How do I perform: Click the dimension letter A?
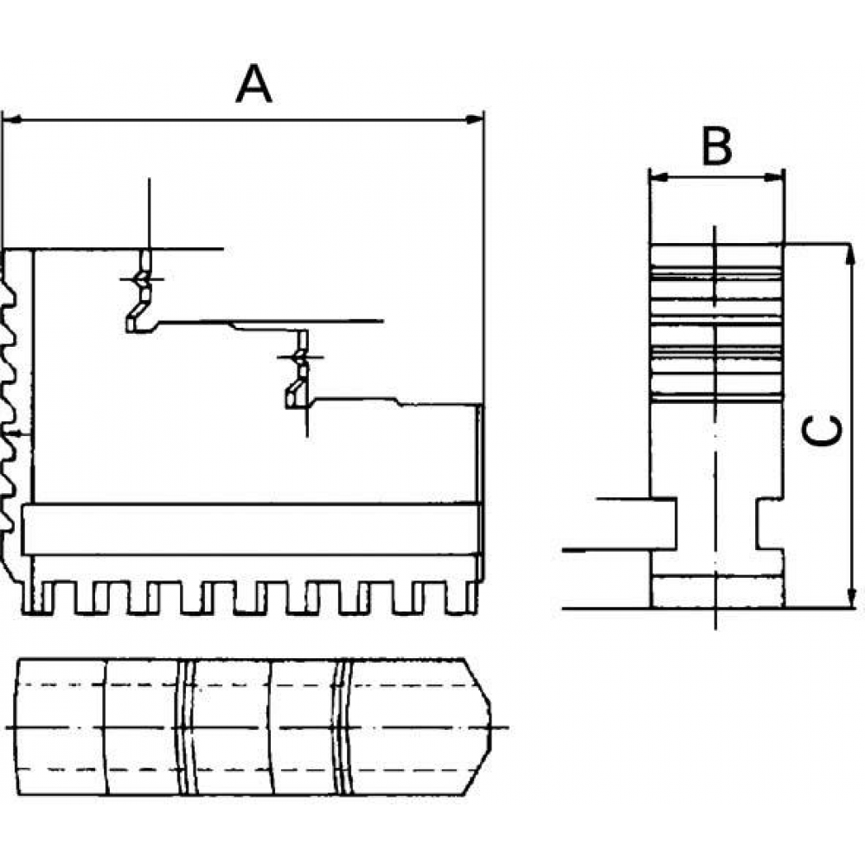coord(253,84)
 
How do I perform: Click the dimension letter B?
coord(716,146)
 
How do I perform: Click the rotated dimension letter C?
coord(822,430)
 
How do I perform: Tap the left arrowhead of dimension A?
coord(12,119)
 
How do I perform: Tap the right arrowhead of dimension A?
coord(475,119)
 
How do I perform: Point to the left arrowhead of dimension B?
coord(660,177)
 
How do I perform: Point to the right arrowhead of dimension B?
coord(774,177)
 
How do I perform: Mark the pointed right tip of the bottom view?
coord(490,727)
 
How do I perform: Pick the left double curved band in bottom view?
coord(187,727)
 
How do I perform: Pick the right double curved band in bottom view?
coord(343,727)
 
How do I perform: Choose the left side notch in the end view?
coord(663,524)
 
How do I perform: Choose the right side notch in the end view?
coord(770,524)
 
